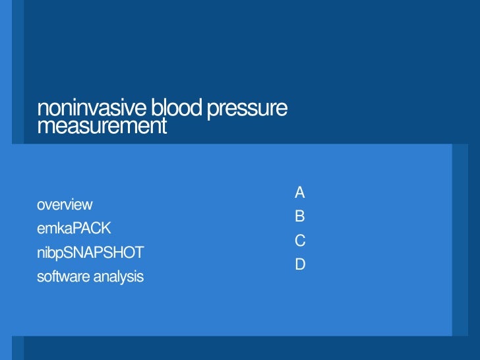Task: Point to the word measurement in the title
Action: (102, 125)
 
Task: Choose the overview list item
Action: (65, 204)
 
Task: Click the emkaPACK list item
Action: (74, 228)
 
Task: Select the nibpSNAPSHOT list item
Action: (90, 253)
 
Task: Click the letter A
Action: (300, 193)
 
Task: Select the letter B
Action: (300, 216)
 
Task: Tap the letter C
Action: (300, 241)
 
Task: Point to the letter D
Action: (300, 264)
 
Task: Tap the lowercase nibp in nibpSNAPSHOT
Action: (49, 253)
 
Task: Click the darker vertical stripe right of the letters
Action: (460, 240)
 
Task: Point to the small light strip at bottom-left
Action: (17, 348)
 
